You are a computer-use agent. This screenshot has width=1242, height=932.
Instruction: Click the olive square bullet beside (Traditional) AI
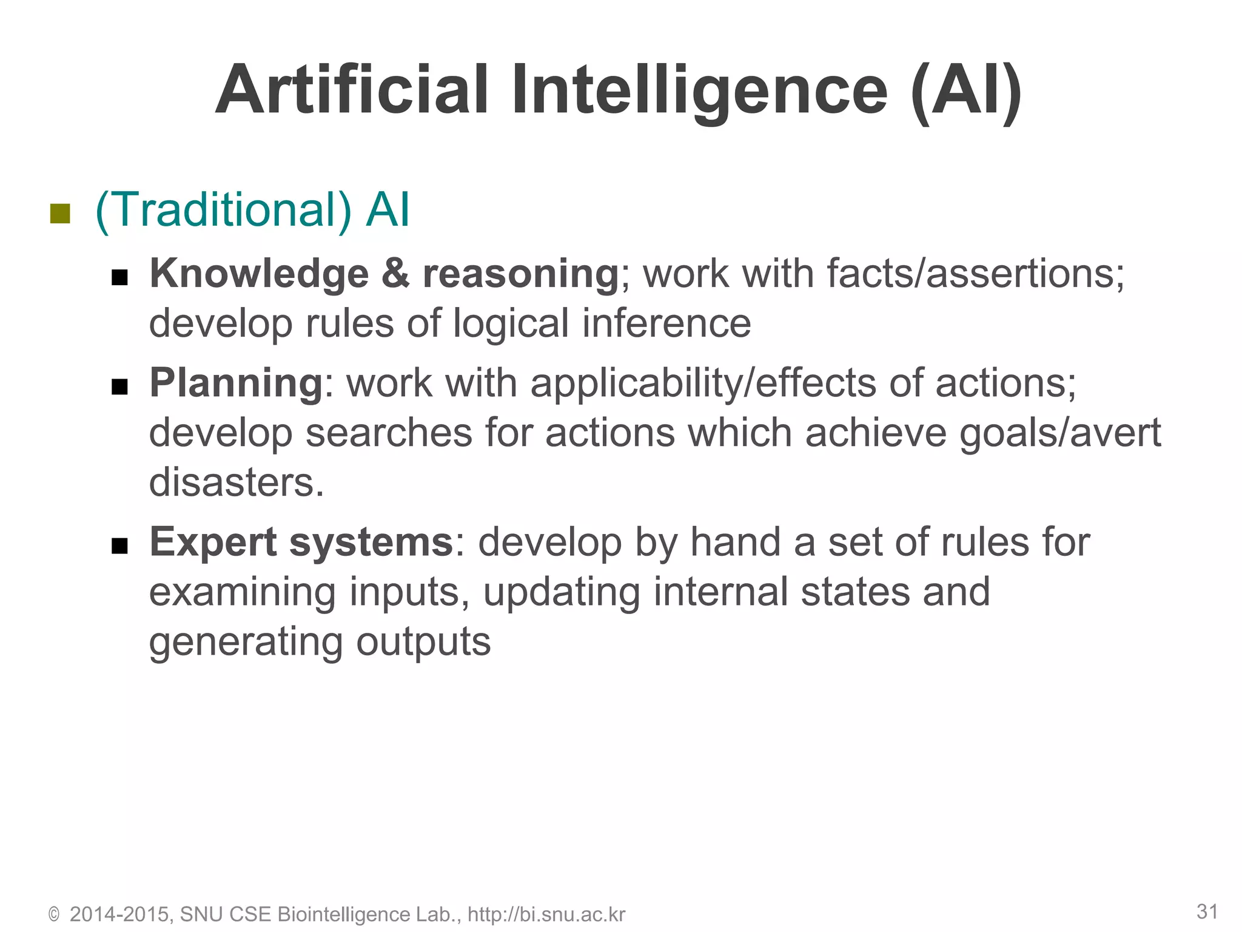pyautogui.click(x=60, y=213)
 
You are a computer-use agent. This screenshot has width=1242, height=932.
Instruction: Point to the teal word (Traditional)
pyautogui.click(x=223, y=210)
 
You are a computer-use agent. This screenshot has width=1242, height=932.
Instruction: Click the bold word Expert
pyautogui.click(x=213, y=542)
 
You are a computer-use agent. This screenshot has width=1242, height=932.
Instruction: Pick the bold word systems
pyautogui.click(x=371, y=542)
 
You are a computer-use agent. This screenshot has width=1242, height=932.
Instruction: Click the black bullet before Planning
pyautogui.click(x=119, y=387)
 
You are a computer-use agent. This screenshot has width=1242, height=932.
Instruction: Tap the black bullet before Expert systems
pyautogui.click(x=119, y=545)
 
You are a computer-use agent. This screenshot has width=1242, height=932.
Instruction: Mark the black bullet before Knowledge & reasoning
pyautogui.click(x=119, y=277)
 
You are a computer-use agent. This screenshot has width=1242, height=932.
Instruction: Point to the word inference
pyautogui.click(x=666, y=323)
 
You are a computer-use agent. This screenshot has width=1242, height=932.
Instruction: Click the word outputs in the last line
pyautogui.click(x=423, y=642)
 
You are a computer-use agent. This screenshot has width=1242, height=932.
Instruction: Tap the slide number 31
pyautogui.click(x=1207, y=911)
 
